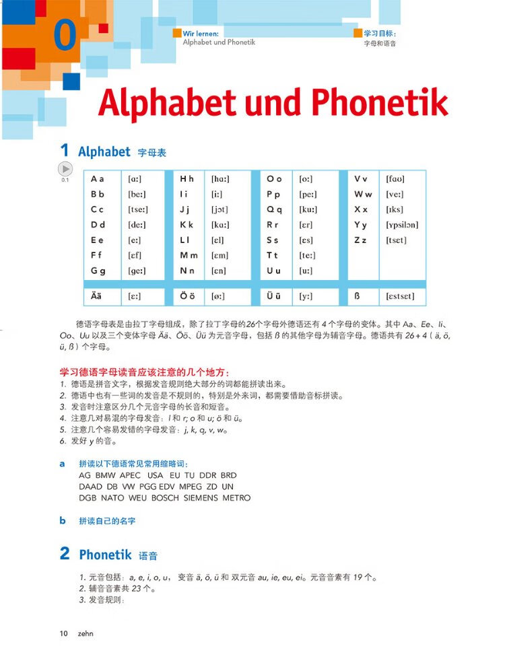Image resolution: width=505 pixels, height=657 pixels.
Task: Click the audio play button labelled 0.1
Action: pyautogui.click(x=65, y=169)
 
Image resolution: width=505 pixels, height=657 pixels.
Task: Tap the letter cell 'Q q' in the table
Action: pyautogui.click(x=274, y=209)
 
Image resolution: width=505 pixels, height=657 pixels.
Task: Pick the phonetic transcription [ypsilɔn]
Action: pyautogui.click(x=402, y=225)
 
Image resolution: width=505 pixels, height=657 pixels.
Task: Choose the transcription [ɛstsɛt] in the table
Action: pyautogui.click(x=401, y=296)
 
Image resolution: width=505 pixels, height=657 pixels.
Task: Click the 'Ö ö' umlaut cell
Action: pyautogui.click(x=187, y=296)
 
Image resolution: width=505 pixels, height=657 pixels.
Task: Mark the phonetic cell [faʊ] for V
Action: pyautogui.click(x=395, y=179)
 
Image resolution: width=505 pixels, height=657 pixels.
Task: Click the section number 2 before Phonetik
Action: pyautogui.click(x=65, y=554)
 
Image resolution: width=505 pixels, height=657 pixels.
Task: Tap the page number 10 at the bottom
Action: pyautogui.click(x=64, y=633)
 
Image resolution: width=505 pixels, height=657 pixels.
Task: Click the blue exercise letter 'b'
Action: pyautogui.click(x=63, y=520)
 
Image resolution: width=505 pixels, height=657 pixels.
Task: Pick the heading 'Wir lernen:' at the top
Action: pyautogui.click(x=201, y=32)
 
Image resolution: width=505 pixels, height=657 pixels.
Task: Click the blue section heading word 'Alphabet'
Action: pyautogui.click(x=104, y=152)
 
